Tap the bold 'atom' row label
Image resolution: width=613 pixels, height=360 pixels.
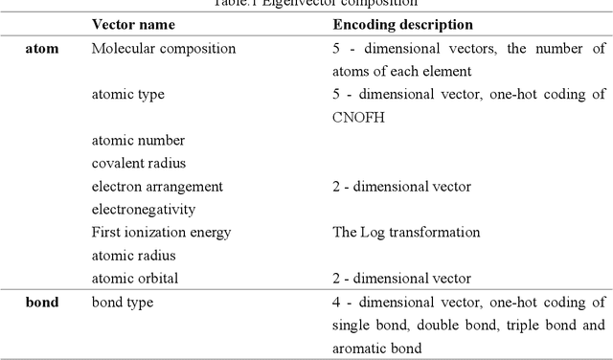click(41, 48)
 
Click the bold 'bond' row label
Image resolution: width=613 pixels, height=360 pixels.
click(41, 303)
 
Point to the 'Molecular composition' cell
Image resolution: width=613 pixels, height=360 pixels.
click(163, 48)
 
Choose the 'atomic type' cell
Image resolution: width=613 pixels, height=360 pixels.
click(127, 94)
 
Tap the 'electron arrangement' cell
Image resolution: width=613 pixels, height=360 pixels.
click(157, 186)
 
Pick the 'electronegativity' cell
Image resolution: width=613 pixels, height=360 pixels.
click(143, 209)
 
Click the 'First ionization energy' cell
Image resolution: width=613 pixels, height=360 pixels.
click(161, 233)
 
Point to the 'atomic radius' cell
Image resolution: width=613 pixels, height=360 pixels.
click(133, 256)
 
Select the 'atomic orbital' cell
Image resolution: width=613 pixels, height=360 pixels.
click(135, 279)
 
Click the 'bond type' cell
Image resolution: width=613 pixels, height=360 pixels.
click(123, 303)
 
